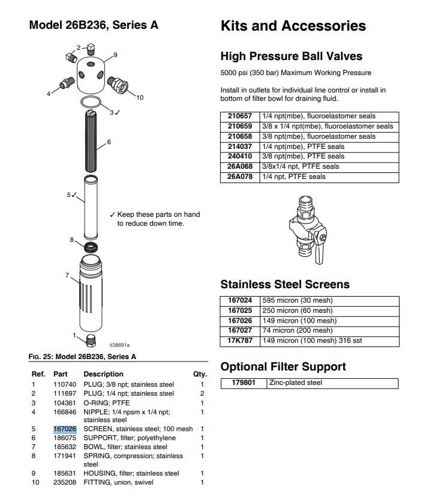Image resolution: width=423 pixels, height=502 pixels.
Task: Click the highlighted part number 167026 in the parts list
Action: click(x=64, y=429)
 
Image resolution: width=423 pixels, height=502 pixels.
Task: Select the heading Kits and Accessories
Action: click(x=293, y=26)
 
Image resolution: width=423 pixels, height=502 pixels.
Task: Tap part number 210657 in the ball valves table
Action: click(x=240, y=116)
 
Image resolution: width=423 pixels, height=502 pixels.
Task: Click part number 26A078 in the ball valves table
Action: click(x=240, y=177)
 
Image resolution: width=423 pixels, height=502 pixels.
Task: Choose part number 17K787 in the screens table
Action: click(x=240, y=340)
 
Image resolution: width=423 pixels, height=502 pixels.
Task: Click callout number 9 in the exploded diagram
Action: click(x=115, y=55)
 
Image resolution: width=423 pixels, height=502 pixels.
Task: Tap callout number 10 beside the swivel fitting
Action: click(x=140, y=97)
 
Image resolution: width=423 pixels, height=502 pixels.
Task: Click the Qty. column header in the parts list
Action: click(x=200, y=374)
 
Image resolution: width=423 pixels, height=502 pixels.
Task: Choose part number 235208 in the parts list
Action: click(x=64, y=482)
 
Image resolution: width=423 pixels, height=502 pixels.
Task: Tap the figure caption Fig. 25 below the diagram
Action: click(x=82, y=357)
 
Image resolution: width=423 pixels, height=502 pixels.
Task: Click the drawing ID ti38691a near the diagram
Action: click(x=119, y=345)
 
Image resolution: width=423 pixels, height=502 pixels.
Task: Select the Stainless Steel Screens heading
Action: click(x=285, y=284)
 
